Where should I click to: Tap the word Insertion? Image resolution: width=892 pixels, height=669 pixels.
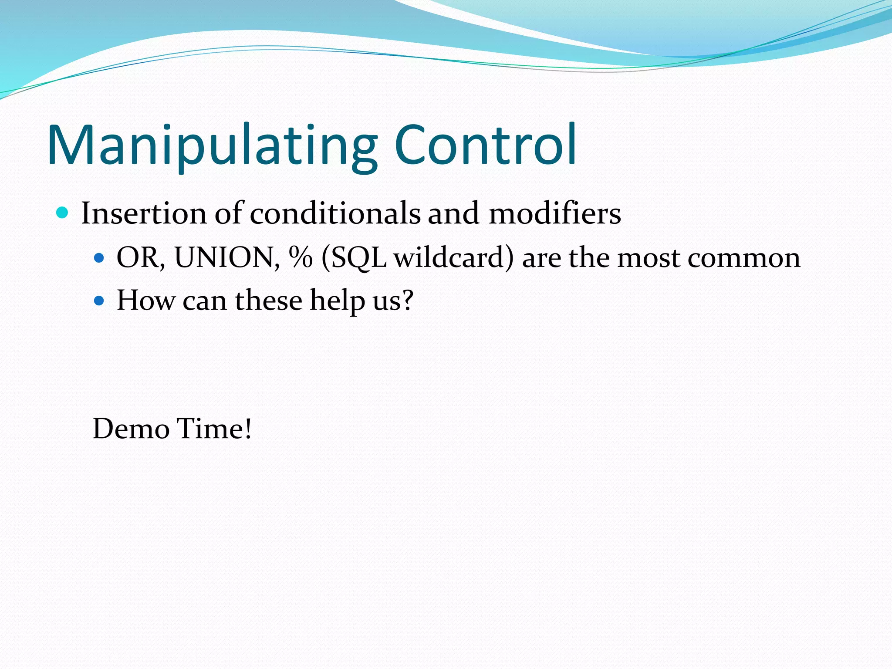[144, 213]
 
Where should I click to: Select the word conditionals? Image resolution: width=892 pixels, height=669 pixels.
[335, 213]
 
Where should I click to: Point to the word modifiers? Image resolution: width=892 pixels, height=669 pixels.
[554, 213]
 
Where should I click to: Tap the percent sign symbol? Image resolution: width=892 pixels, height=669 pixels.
[301, 257]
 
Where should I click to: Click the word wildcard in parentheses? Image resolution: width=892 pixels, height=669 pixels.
[449, 257]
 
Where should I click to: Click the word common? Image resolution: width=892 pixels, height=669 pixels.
[743, 258]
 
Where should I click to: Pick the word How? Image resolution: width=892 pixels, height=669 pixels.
[145, 300]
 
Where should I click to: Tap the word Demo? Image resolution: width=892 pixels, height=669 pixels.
[131, 429]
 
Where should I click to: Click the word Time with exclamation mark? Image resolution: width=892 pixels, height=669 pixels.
[214, 429]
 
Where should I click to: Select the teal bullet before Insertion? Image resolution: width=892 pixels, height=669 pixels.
[63, 213]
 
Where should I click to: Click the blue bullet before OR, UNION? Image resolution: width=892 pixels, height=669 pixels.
[99, 258]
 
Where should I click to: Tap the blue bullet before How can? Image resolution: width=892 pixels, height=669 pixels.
[99, 301]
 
